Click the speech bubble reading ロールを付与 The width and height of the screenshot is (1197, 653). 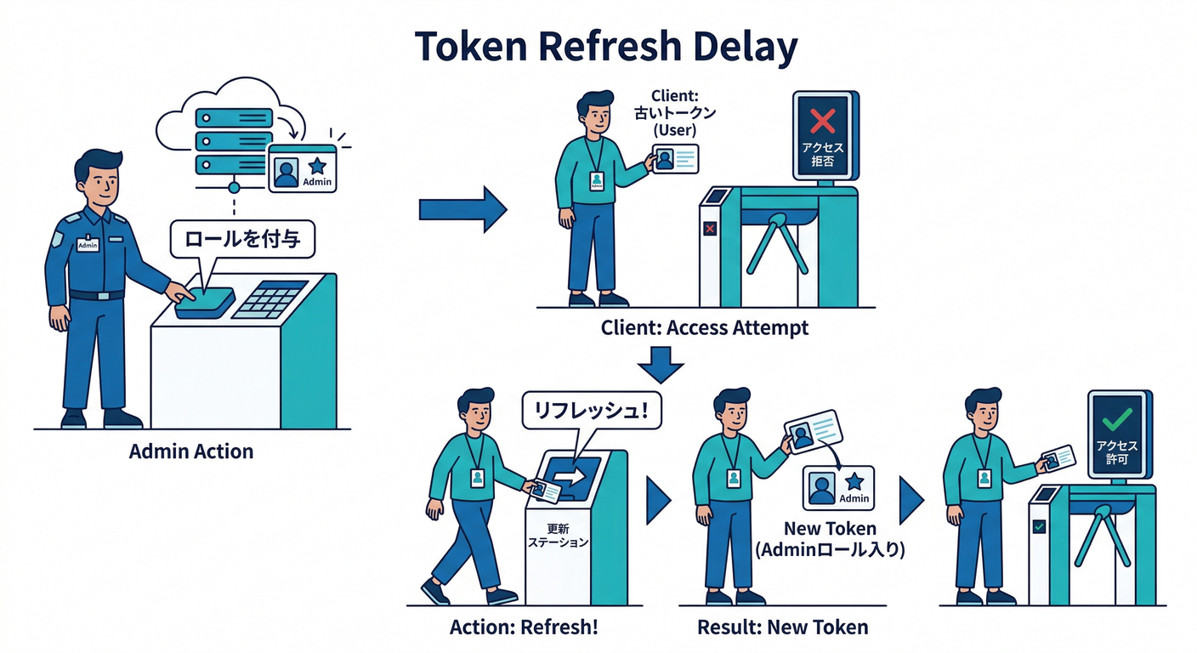tap(242, 240)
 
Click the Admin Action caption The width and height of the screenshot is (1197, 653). tap(191, 451)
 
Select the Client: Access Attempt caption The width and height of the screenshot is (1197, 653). tap(705, 327)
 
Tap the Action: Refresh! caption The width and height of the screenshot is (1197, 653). tap(524, 627)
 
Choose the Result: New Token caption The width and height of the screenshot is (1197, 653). tap(782, 627)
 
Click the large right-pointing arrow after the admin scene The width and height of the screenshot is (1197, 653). tap(462, 209)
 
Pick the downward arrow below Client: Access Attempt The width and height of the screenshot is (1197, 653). tap(661, 363)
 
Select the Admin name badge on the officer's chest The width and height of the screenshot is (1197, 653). tap(88, 244)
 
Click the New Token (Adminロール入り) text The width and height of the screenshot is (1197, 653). tap(830, 539)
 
